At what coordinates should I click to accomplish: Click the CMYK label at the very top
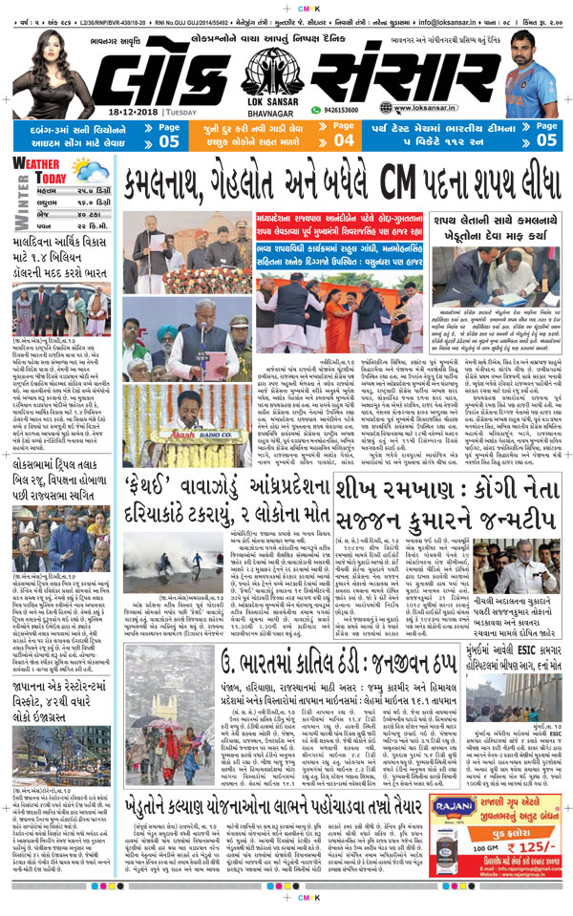(x=286, y=5)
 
